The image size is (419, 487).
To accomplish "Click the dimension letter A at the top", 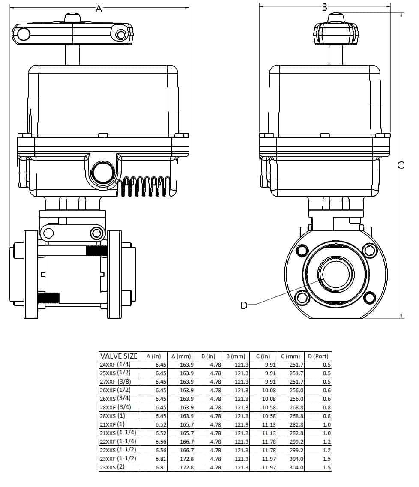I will tap(99, 8).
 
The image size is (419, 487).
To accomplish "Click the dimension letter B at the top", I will tap(324, 7).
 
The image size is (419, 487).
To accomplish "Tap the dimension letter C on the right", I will tap(401, 165).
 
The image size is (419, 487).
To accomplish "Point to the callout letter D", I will tap(244, 305).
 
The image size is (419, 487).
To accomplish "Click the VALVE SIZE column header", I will tap(119, 356).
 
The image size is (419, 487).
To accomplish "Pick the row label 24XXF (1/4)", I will tap(115, 365).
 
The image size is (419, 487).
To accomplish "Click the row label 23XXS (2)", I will tap(112, 467).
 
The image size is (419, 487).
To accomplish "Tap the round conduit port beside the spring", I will tap(103, 173).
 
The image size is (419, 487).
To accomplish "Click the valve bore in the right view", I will tap(335, 273).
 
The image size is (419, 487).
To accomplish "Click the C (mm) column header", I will tap(291, 356).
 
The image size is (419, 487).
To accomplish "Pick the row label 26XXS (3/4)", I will tap(115, 399).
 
